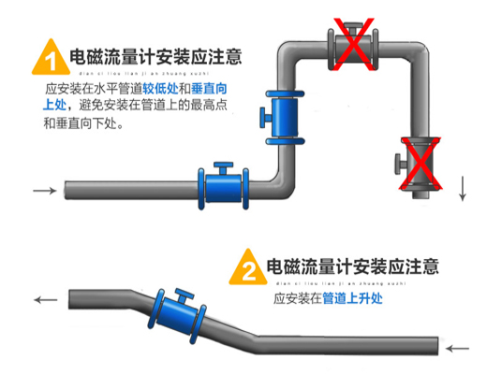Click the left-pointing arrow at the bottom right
pyautogui.click(x=457, y=349)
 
